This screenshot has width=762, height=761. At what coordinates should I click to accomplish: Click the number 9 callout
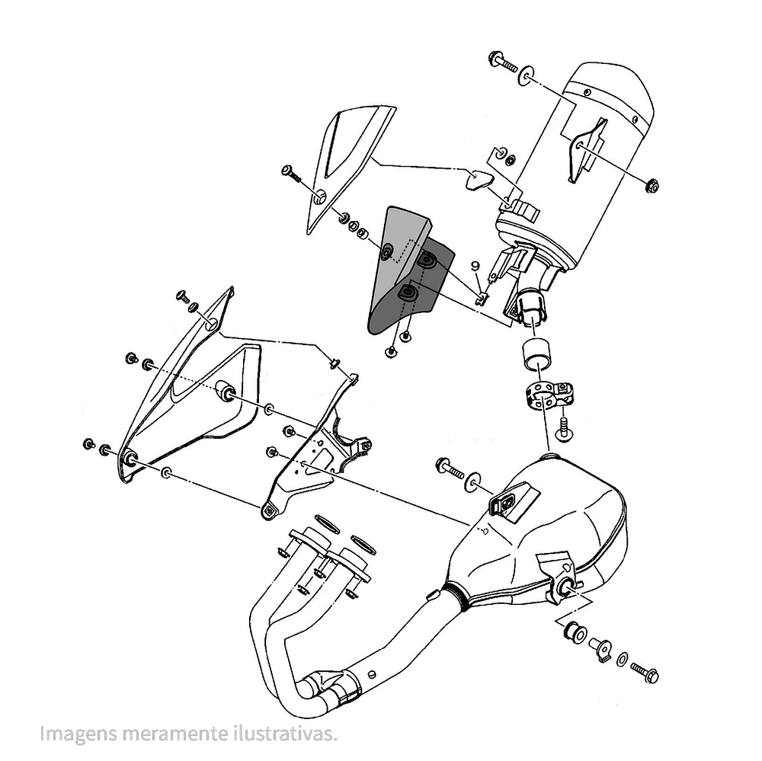tap(475, 266)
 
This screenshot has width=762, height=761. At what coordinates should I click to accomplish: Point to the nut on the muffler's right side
tap(652, 185)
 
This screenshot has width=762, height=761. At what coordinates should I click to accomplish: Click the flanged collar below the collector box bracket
tap(571, 631)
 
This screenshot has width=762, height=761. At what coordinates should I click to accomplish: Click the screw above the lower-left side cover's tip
tap(184, 297)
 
